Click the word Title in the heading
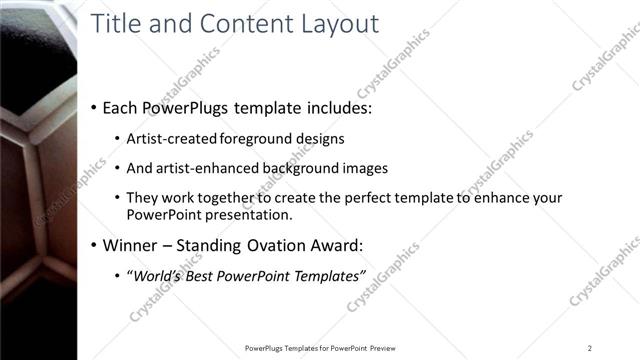(117, 25)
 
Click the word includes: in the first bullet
(322, 107)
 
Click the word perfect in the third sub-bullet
(381, 198)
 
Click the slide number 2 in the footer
(590, 348)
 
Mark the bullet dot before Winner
(94, 245)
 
